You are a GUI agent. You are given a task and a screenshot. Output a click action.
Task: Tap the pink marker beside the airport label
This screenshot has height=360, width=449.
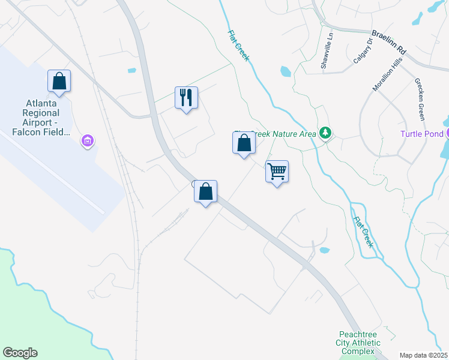pyautogui.click(x=87, y=141)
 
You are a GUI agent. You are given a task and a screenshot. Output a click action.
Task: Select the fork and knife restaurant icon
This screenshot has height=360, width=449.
pyautogui.click(x=186, y=98)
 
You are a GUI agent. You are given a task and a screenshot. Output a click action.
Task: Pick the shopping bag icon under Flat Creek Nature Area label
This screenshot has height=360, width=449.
pyautogui.click(x=244, y=143)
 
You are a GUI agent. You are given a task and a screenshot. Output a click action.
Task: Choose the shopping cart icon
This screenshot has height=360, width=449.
pyautogui.click(x=277, y=172)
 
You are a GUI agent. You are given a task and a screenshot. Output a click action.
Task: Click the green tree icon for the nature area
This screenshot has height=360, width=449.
pyautogui.click(x=325, y=133)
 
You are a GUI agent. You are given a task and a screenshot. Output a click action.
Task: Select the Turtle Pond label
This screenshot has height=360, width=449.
pyautogui.click(x=421, y=133)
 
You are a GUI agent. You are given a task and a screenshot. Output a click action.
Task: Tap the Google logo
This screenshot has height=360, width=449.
pyautogui.click(x=20, y=353)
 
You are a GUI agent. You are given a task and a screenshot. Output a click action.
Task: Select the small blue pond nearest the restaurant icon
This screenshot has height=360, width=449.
pyautogui.click(x=131, y=71)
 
